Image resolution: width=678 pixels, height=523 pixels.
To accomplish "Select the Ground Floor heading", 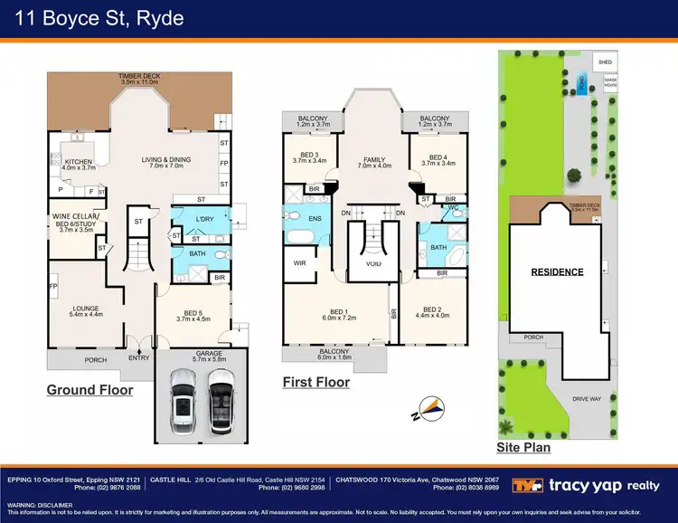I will (x=89, y=390).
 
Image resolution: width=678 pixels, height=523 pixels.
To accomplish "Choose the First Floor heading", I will (x=315, y=382).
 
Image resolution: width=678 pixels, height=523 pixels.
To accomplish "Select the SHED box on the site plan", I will (x=605, y=62).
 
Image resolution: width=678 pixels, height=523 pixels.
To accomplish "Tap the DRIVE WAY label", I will (x=585, y=397).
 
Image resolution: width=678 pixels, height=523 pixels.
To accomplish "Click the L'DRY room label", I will (x=205, y=221).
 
